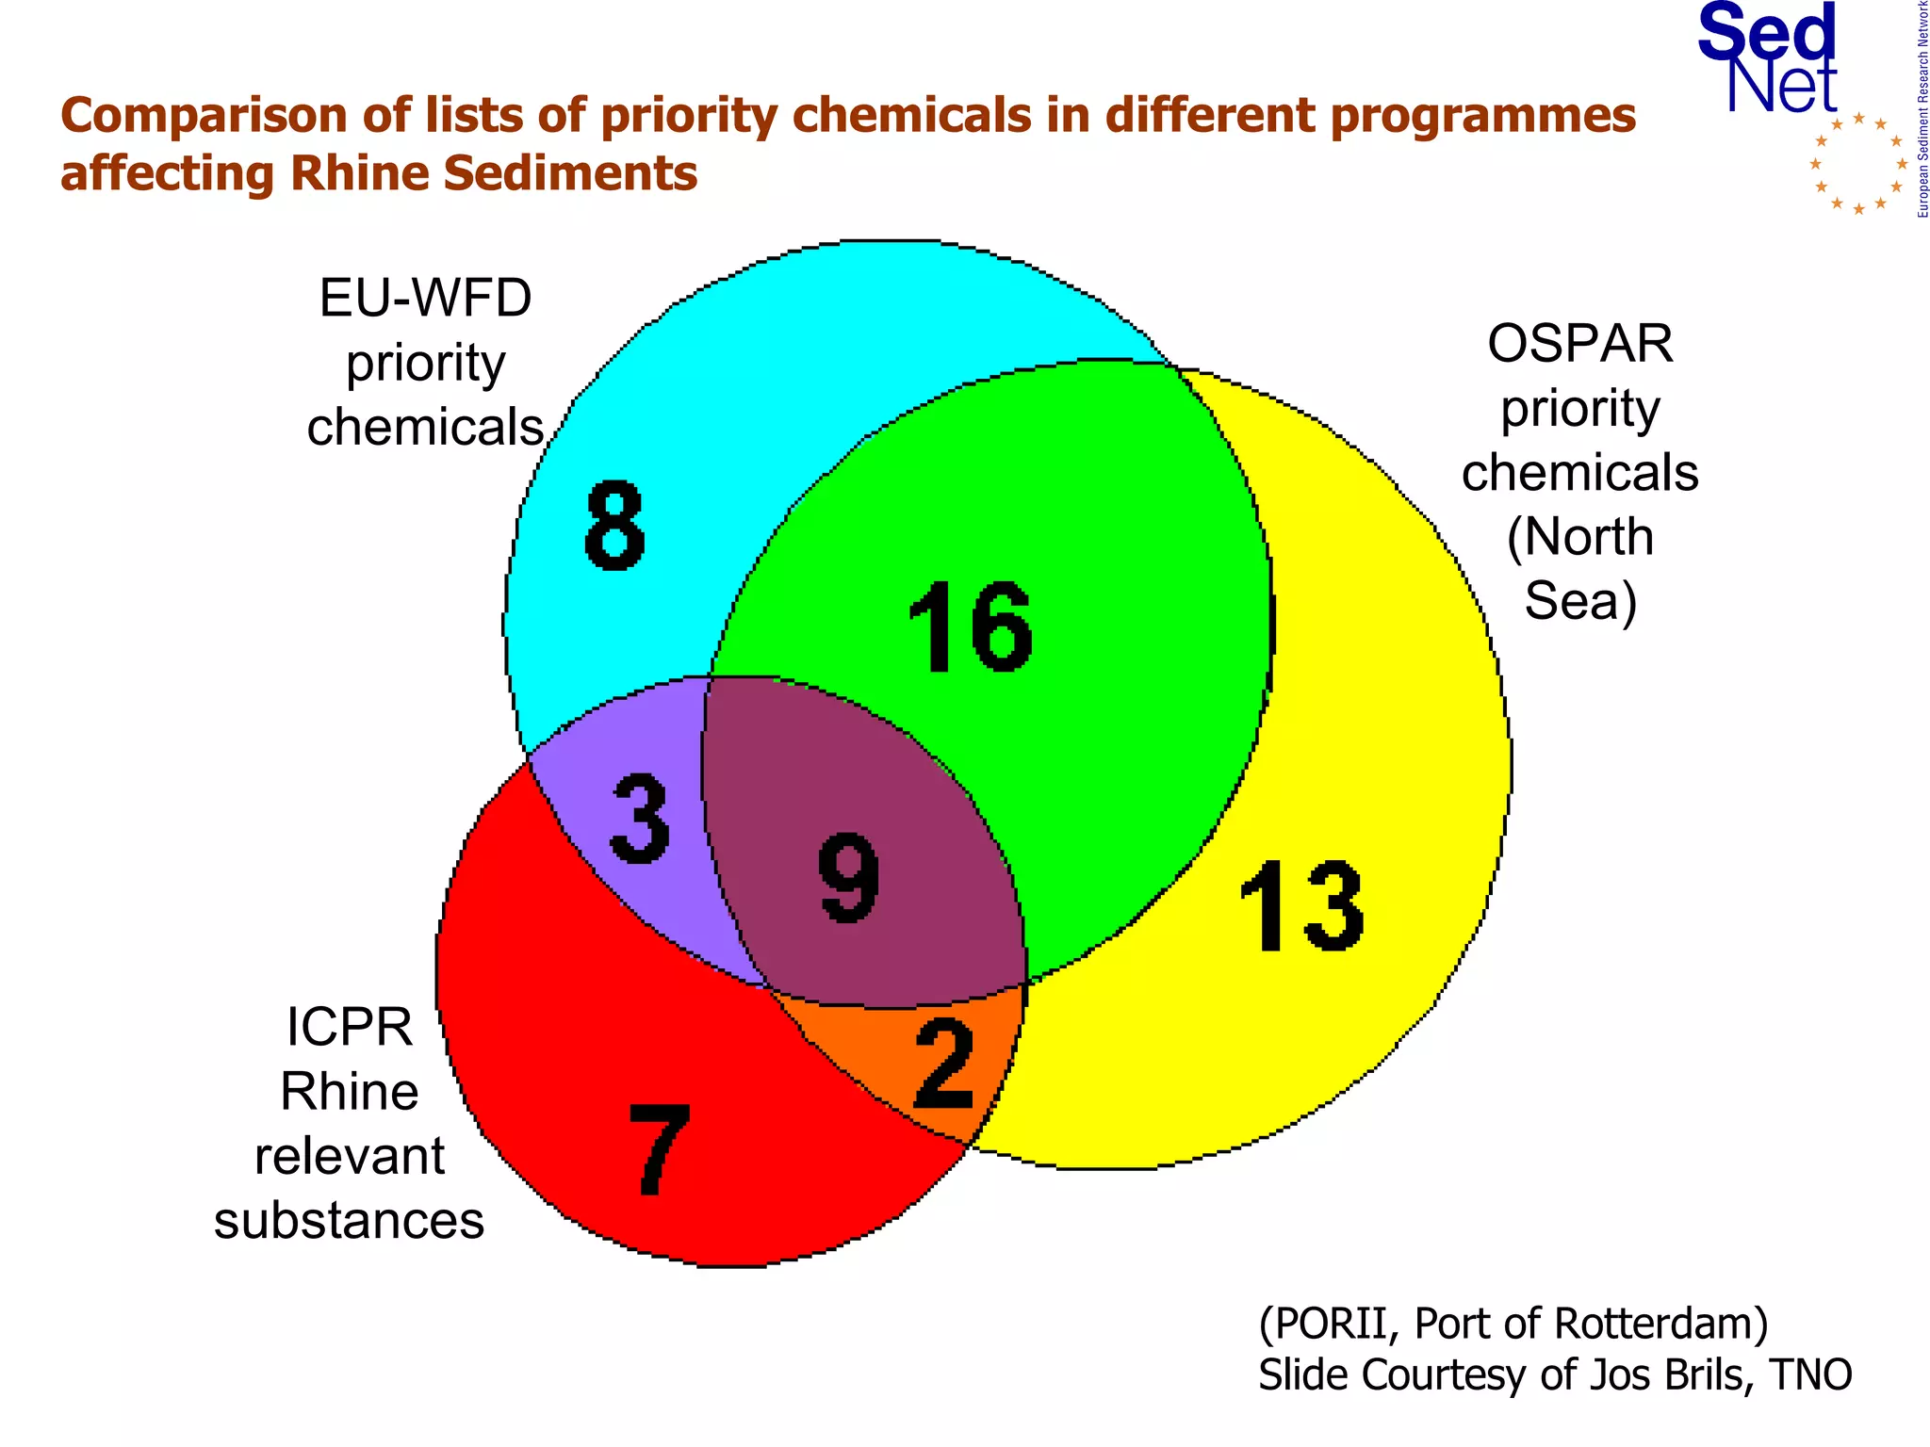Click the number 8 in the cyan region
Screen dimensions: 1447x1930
614,526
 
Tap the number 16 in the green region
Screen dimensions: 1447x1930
971,626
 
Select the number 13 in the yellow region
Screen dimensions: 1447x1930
1301,906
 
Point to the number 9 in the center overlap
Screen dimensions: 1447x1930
849,878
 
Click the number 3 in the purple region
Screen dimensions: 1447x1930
641,818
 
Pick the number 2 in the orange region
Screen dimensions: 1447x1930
944,1065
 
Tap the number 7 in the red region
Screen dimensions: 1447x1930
660,1150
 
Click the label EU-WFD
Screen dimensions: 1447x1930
425,299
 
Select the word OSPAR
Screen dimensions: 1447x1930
1579,344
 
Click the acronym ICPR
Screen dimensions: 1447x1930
350,1027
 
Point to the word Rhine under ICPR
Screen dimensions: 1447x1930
350,1092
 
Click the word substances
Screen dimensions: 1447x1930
350,1221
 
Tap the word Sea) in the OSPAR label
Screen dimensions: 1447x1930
1580,601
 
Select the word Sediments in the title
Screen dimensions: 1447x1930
570,174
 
